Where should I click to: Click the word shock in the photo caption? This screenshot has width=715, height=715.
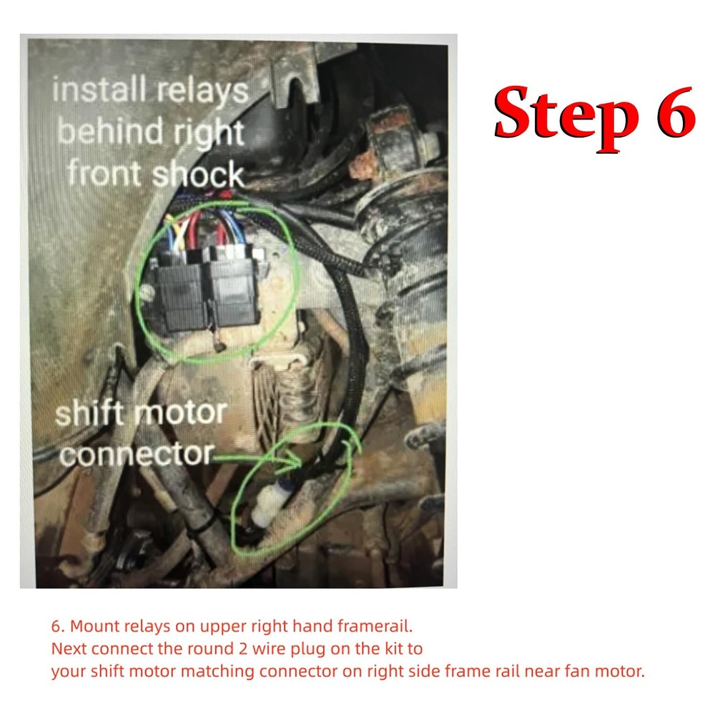(x=199, y=174)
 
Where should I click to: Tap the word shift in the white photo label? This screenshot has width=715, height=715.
(x=89, y=414)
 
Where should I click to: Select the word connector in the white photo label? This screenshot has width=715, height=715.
(x=136, y=453)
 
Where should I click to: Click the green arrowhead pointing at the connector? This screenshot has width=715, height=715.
(x=292, y=460)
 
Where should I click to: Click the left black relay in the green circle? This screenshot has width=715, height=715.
(x=182, y=293)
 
